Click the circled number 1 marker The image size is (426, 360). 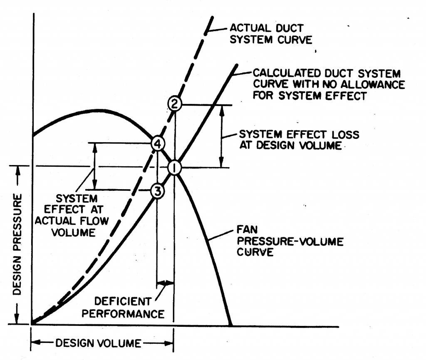click(174, 168)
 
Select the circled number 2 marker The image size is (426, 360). click(175, 104)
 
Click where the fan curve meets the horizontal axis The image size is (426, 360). click(230, 325)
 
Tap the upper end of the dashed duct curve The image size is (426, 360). click(213, 17)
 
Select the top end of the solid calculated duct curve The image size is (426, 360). click(236, 65)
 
